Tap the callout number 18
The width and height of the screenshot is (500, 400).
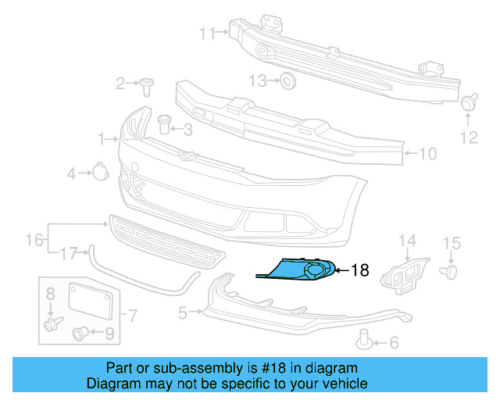[359, 271]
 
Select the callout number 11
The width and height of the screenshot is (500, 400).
[206, 33]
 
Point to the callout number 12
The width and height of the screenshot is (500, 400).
[468, 138]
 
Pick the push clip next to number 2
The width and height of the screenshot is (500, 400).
[146, 84]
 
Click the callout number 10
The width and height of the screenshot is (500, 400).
[427, 154]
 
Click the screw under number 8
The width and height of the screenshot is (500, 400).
[52, 323]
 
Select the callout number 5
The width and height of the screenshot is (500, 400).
[183, 314]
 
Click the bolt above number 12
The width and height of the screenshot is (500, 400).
[470, 102]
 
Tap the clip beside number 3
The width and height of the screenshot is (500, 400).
[164, 123]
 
